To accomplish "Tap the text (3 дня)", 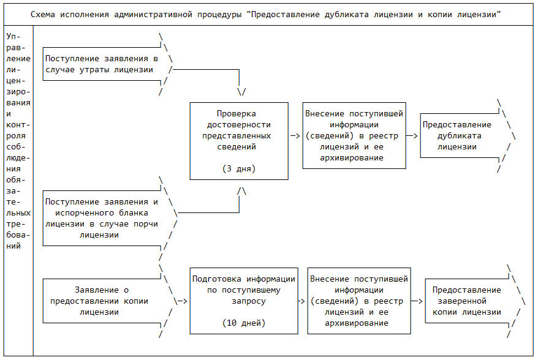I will pyautogui.click(x=238, y=168).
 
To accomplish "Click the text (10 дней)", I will pyautogui.click(x=243, y=322).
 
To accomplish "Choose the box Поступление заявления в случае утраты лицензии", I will pyautogui.click(x=101, y=64).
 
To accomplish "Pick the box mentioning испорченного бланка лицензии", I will pyautogui.click(x=101, y=218).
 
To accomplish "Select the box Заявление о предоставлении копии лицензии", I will pyautogui.click(x=101, y=301).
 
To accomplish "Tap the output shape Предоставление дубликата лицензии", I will pyautogui.click(x=460, y=136).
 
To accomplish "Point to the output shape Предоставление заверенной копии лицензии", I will pyautogui.click(x=466, y=301).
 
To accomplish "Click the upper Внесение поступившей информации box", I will pyautogui.click(x=354, y=135).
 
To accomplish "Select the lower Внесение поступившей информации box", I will pyautogui.click(x=359, y=301).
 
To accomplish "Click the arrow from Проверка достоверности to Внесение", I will pyautogui.click(x=295, y=136).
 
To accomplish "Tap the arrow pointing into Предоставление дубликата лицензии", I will pyautogui.click(x=413, y=136).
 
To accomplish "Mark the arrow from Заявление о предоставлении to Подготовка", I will pyautogui.click(x=181, y=301).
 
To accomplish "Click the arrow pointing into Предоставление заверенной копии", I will pyautogui.click(x=417, y=301).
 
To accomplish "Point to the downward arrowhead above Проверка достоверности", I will pyautogui.click(x=241, y=92).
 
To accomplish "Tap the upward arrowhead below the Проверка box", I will pyautogui.click(x=241, y=191).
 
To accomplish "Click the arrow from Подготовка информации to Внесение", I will pyautogui.click(x=301, y=301).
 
